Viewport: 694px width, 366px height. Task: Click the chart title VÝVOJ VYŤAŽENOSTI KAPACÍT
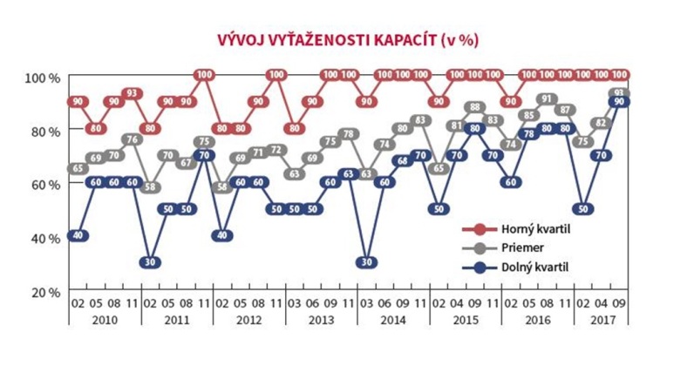(x=346, y=39)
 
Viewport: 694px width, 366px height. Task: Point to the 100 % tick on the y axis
(x=41, y=78)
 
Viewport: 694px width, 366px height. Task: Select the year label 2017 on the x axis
(x=599, y=322)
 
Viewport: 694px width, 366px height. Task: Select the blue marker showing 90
(x=619, y=103)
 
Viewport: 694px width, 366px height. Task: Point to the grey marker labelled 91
(x=547, y=99)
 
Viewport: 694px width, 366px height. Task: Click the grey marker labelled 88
(x=475, y=107)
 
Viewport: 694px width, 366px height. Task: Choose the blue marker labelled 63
(x=348, y=174)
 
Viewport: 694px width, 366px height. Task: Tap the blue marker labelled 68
(x=402, y=161)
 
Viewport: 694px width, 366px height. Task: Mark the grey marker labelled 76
(x=133, y=139)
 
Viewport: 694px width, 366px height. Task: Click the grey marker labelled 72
(x=276, y=150)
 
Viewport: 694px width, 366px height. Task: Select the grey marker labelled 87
(x=565, y=110)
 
